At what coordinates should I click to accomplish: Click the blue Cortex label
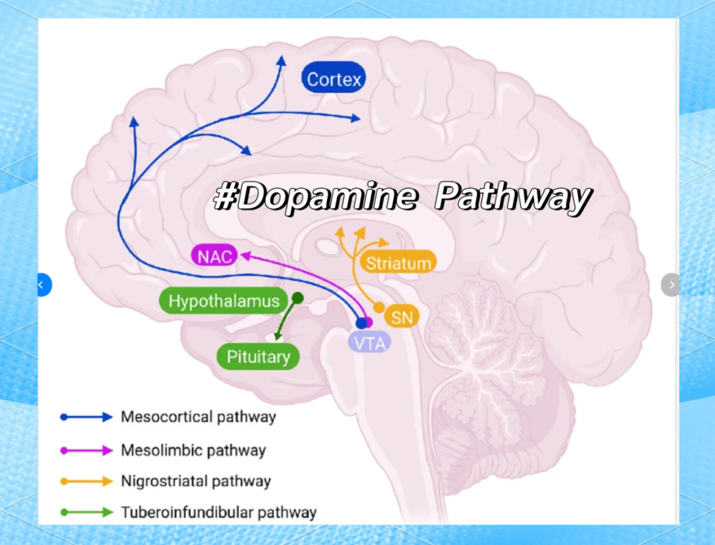point(334,80)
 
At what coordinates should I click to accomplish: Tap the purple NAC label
point(215,256)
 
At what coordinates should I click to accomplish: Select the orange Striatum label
point(398,263)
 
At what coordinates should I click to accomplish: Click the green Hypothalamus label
point(223,301)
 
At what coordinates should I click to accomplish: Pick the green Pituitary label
point(258,357)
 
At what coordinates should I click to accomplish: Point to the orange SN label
point(402,317)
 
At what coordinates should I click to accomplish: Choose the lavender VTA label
point(369,342)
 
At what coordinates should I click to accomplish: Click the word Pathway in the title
point(513,197)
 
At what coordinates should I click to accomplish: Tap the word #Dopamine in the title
point(316,197)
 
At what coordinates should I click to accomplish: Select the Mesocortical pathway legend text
point(198,417)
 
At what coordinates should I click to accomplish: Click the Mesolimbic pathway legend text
point(193,451)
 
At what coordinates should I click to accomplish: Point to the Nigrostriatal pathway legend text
point(195,481)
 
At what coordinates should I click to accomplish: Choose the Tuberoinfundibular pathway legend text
point(218,512)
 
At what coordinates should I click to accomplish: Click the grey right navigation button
point(671,285)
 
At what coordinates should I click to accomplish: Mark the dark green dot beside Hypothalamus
point(298,298)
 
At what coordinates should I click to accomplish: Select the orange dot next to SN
point(379,307)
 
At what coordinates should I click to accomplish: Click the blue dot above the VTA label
point(361,323)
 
